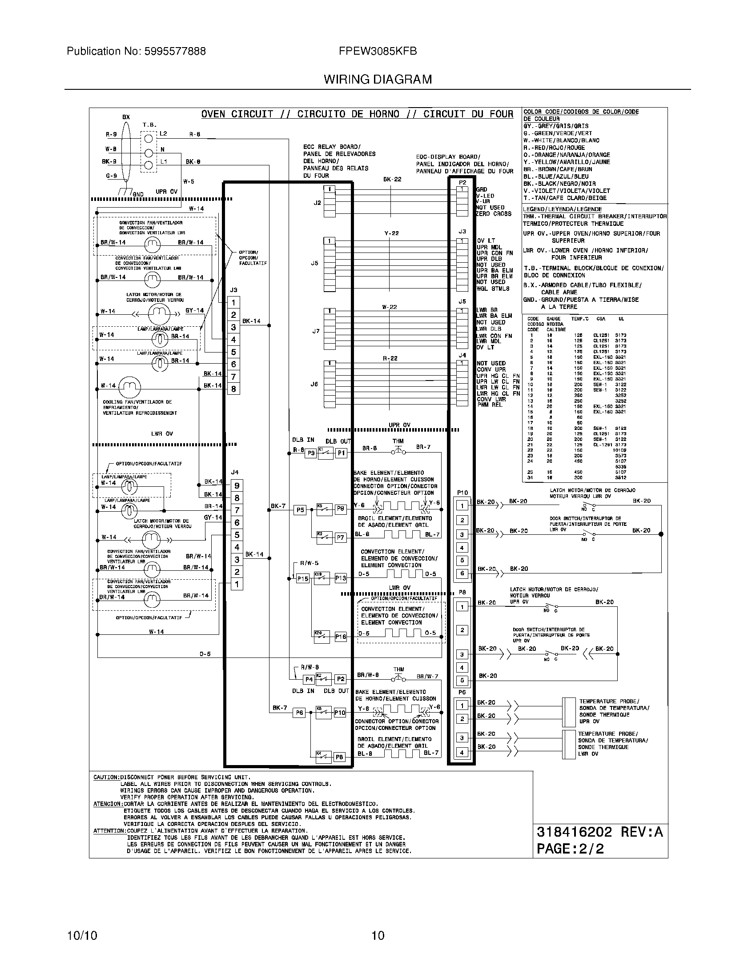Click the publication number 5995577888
[175, 52]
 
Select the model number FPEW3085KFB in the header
[378, 52]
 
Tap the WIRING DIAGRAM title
[378, 80]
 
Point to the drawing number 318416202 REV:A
[599, 832]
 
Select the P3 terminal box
[310, 453]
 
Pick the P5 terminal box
[300, 509]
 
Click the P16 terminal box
[340, 636]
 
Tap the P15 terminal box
[303, 578]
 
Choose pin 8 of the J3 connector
[233, 389]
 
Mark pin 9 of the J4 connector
[237, 485]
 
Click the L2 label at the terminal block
[163, 134]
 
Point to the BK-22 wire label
[392, 180]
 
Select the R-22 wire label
[390, 358]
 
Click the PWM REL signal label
[490, 405]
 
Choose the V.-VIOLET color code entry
[567, 191]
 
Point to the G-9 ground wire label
[111, 176]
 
